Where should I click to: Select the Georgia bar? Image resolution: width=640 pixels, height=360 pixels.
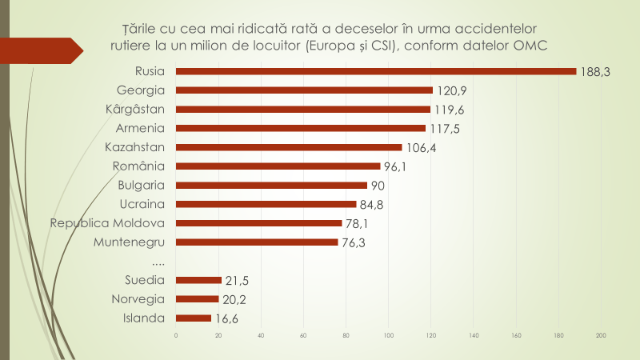304,90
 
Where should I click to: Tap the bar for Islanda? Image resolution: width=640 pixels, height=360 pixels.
194,318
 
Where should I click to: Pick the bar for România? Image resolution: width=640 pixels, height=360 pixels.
278,166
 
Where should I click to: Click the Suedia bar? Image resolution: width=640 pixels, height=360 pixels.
198,280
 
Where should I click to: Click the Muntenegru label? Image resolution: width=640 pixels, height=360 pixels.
130,242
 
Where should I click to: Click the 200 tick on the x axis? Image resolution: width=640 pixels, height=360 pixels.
601,334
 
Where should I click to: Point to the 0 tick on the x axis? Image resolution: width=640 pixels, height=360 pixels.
176,334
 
